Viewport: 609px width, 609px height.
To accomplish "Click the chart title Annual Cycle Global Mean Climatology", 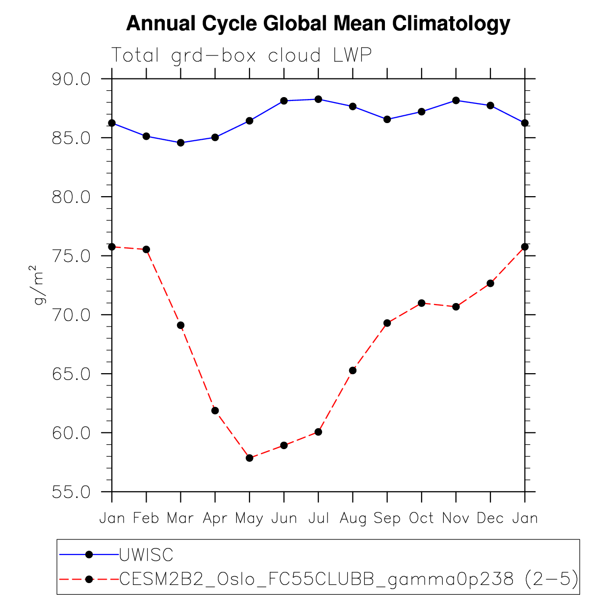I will point(318,24).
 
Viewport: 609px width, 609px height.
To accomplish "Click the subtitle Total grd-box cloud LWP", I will point(241,55).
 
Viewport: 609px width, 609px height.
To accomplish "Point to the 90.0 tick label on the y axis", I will point(71,79).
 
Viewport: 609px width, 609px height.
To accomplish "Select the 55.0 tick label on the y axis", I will point(71,492).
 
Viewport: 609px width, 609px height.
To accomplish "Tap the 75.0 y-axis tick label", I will point(71,256).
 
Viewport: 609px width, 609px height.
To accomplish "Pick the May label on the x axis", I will point(249,518).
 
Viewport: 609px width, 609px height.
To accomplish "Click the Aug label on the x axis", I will point(353,518).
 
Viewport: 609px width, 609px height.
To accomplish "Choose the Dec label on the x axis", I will point(490,518).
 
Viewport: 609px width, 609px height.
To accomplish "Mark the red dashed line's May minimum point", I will point(250,458).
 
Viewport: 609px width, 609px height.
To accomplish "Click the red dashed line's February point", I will point(146,250).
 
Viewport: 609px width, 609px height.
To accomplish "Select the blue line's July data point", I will point(318,99).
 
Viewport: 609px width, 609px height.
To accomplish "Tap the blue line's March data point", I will point(180,143).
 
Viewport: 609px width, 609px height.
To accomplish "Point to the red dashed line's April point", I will point(215,410).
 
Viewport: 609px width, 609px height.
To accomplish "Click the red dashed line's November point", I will point(456,307).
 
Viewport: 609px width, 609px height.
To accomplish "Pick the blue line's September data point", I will point(387,119).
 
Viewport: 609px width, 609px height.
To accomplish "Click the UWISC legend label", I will point(146,555).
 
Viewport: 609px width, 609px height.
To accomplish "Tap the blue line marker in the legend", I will point(89,555).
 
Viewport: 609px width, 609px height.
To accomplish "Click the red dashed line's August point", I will point(353,370).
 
